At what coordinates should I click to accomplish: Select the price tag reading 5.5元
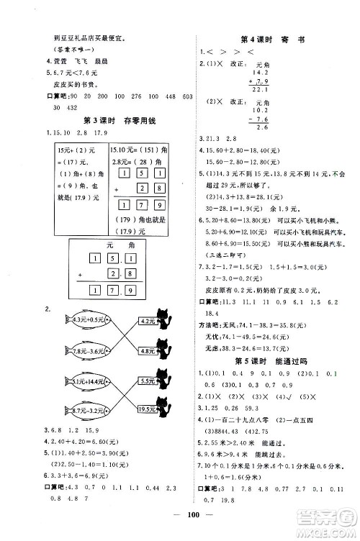148,382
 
